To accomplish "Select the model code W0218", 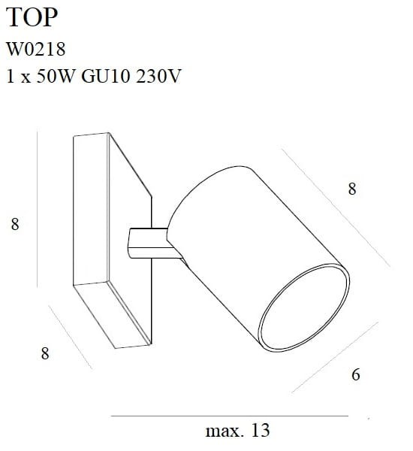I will pos(36,50).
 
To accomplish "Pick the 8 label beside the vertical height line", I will pos(14,223).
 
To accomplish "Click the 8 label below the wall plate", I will pos(45,353).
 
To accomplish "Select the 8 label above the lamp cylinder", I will pos(352,189).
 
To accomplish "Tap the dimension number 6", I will pos(355,374).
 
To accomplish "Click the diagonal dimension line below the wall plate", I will pos(69,337).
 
